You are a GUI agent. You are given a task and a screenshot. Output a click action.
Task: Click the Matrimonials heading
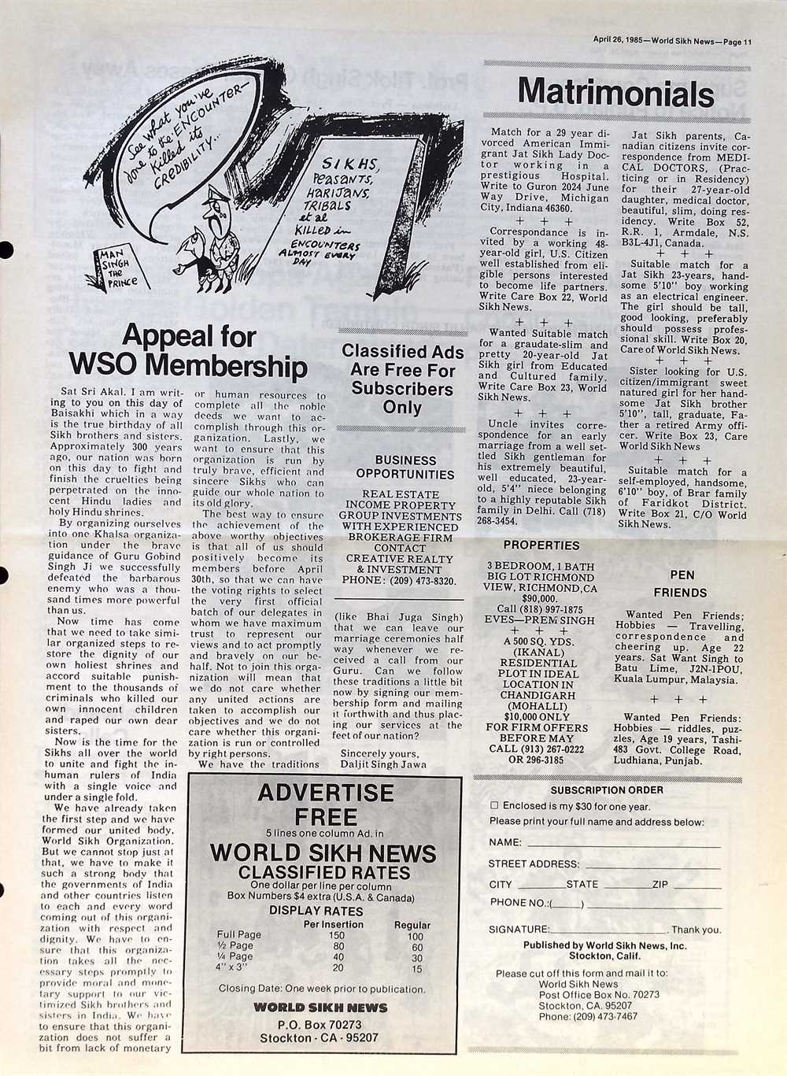[615, 93]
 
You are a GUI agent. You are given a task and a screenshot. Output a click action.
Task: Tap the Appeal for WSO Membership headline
[189, 351]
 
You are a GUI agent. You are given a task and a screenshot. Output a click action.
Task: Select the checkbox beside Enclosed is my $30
[494, 806]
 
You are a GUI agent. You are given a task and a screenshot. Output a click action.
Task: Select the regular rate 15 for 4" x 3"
[417, 969]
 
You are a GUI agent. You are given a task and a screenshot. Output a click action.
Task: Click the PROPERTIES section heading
[541, 545]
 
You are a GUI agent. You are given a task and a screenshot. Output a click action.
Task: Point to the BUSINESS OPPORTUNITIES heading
[405, 467]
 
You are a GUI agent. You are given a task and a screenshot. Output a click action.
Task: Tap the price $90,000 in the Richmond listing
[540, 597]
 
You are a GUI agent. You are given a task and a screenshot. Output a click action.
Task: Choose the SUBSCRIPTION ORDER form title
[606, 789]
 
